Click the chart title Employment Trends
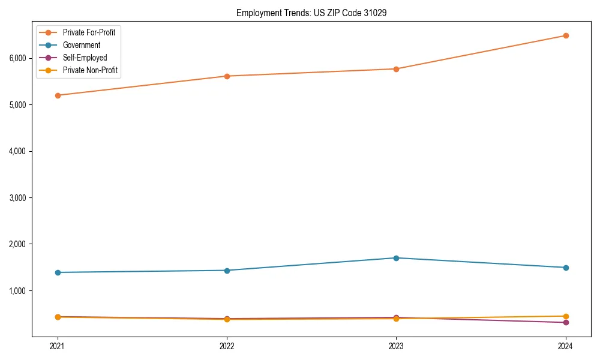point(307,13)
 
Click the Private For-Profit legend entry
point(89,32)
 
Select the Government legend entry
point(81,45)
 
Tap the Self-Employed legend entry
point(85,58)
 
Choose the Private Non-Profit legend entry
point(90,70)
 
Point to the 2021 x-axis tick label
point(58,346)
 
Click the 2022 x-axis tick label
point(227,346)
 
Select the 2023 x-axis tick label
point(396,346)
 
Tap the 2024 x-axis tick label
point(565,346)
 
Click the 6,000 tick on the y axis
point(17,58)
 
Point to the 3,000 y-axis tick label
point(17,198)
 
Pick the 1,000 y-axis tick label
point(17,291)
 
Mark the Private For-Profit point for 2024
point(565,35)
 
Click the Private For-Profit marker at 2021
point(58,95)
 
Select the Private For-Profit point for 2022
point(227,76)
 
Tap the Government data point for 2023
point(396,258)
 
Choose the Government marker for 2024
point(565,268)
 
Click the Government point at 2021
point(58,272)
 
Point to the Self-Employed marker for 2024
point(565,323)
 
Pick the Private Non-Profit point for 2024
point(565,316)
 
